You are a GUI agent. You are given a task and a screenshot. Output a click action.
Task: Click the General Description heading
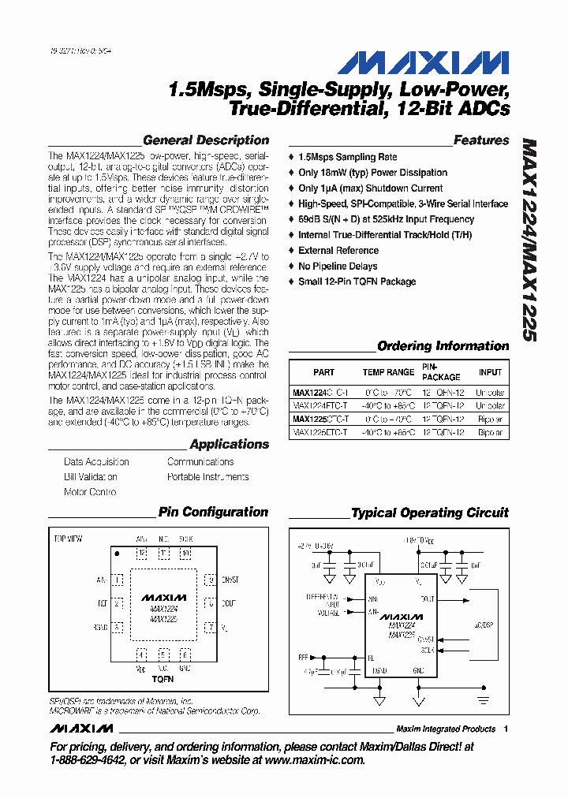click(x=206, y=140)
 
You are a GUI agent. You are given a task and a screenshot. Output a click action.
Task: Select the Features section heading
click(x=481, y=140)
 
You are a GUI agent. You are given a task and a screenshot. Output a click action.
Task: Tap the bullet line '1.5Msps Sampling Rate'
click(x=347, y=157)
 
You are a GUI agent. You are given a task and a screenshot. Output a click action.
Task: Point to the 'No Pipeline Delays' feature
click(x=338, y=266)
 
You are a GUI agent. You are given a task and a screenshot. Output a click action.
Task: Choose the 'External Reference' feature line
click(x=338, y=250)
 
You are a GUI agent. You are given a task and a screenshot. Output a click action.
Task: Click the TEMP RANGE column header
click(x=388, y=372)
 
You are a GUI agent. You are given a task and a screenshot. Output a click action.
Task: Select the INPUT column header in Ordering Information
click(x=490, y=372)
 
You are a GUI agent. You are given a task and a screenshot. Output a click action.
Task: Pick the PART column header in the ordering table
click(x=323, y=372)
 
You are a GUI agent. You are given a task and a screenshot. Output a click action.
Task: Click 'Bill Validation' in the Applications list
click(x=91, y=477)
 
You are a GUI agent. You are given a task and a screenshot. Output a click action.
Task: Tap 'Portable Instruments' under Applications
click(x=207, y=477)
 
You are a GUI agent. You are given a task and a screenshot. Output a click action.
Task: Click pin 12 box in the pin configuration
click(x=142, y=554)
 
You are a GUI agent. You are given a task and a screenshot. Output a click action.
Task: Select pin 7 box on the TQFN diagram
click(x=210, y=628)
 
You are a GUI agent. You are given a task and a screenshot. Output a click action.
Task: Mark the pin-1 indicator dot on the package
click(x=118, y=554)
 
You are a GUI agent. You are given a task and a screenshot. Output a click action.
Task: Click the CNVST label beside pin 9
click(x=231, y=580)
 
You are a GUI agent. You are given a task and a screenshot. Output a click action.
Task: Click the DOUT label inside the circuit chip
click(x=427, y=599)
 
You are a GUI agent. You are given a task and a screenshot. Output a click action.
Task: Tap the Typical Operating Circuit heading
click(x=430, y=513)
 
